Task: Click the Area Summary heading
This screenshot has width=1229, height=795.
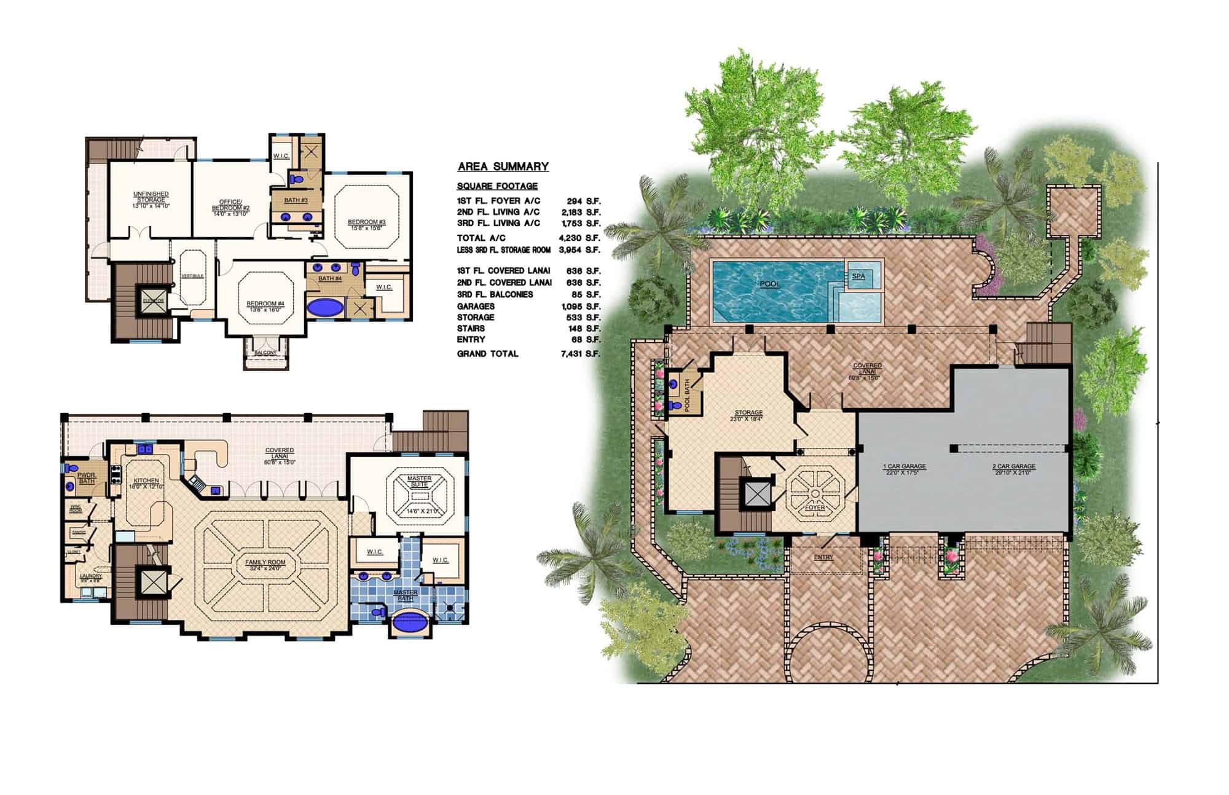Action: click(503, 166)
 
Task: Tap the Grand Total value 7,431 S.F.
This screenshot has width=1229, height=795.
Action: click(579, 354)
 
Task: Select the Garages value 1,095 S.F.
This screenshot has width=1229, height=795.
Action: click(579, 306)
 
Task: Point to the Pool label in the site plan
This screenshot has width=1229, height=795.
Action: click(769, 284)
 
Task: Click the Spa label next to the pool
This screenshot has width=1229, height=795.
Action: click(858, 276)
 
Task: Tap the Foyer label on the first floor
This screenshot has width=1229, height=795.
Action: click(814, 507)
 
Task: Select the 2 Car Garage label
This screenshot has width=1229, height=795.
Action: click(1013, 466)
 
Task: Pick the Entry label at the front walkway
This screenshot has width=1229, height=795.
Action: click(823, 557)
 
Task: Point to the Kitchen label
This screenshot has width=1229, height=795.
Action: click(146, 480)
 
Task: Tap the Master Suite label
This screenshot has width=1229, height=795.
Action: click(420, 481)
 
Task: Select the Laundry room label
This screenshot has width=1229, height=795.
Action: click(91, 576)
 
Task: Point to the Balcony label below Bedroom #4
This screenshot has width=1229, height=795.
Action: click(265, 353)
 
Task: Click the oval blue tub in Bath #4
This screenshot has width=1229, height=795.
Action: click(325, 307)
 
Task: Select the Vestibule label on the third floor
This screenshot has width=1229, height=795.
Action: click(192, 276)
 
